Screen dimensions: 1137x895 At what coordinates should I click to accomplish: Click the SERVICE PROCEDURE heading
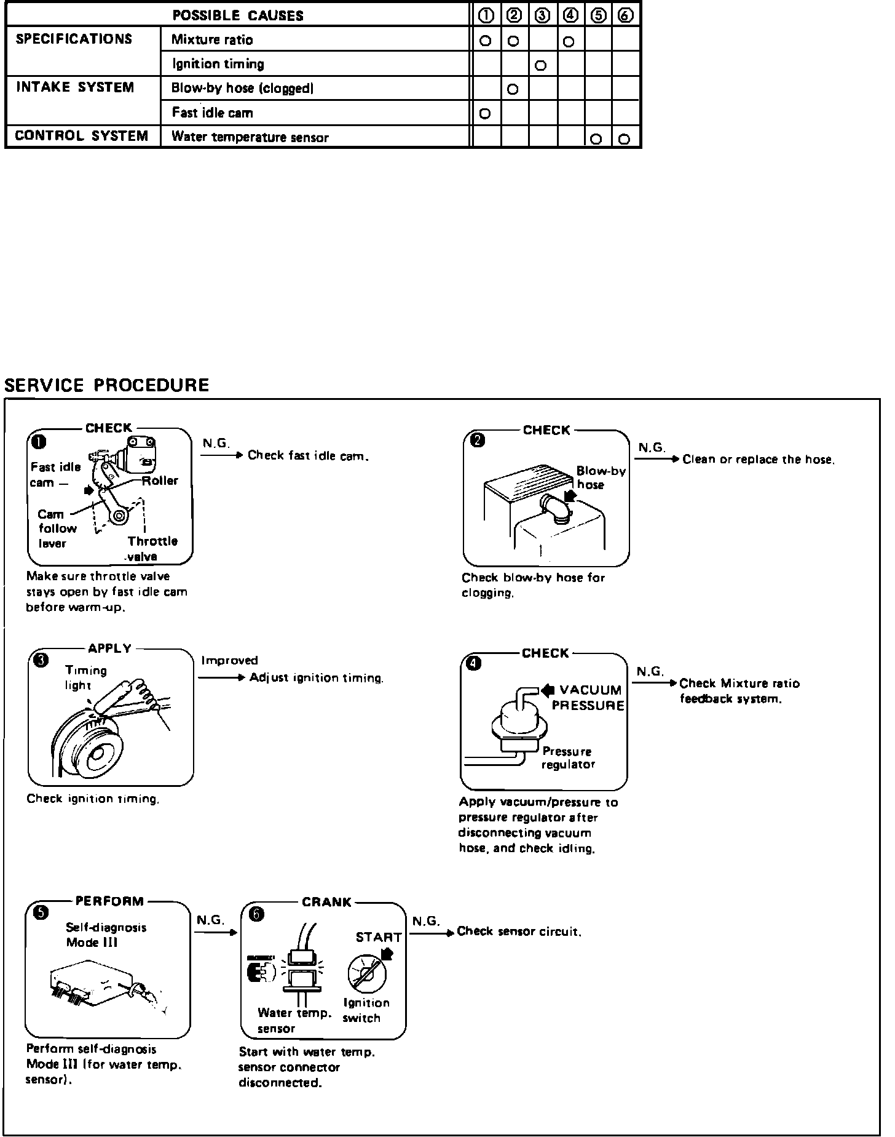pos(106,385)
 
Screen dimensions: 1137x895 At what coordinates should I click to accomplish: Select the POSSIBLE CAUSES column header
pos(238,15)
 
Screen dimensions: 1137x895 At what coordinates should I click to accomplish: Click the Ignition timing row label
pos(218,64)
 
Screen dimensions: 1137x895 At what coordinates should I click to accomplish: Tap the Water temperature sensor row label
pos(250,137)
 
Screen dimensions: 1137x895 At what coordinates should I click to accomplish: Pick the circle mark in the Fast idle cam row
pos(484,114)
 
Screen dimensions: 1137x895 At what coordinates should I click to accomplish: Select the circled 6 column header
pos(625,16)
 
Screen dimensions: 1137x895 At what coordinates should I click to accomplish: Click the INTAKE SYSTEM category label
pos(74,87)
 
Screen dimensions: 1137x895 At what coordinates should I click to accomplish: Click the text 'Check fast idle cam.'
pos(308,456)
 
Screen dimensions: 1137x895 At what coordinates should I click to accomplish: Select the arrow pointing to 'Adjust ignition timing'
pos(222,678)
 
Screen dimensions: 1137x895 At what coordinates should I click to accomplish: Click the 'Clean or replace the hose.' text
pos(759,460)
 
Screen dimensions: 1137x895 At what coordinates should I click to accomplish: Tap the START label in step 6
pos(379,937)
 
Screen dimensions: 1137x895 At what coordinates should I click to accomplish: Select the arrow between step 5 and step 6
pos(216,932)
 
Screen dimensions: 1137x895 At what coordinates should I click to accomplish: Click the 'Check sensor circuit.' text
pos(519,932)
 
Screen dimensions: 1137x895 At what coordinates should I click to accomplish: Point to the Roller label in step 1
pos(160,481)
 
